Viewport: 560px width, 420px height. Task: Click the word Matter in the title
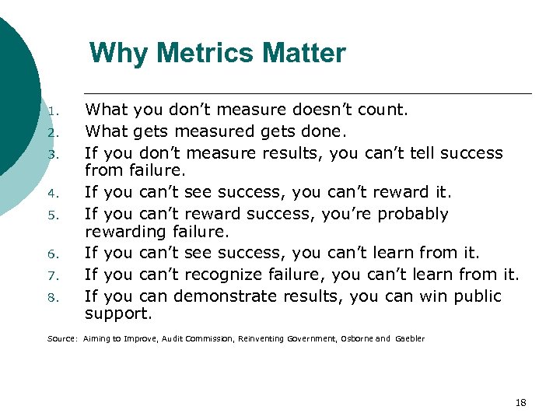coord(304,54)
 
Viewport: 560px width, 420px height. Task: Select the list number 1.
coord(52,112)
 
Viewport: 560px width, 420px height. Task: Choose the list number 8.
coord(52,297)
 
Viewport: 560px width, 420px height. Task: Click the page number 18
coord(520,402)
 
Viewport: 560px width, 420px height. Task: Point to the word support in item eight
coord(117,314)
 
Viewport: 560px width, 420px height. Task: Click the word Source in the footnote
coord(61,339)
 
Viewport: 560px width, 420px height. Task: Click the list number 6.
coord(52,254)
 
